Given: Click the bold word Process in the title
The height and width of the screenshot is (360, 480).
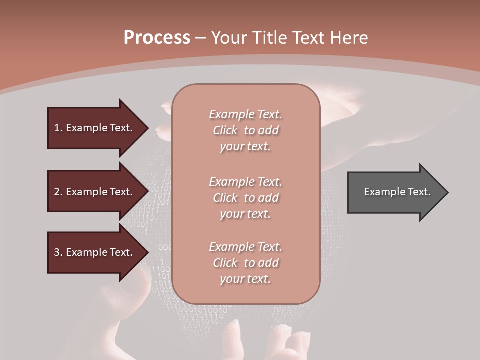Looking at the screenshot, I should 157,37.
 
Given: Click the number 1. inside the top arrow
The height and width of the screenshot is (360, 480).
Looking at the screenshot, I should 58,128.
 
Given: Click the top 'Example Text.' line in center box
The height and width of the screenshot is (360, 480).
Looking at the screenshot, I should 245,114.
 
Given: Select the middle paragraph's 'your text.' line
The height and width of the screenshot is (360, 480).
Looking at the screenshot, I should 245,214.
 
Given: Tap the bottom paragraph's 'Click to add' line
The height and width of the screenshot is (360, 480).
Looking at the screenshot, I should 245,263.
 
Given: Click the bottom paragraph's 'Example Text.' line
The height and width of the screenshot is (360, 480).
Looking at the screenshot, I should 245,247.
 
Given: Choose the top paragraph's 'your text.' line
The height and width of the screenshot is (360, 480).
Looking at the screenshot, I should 245,147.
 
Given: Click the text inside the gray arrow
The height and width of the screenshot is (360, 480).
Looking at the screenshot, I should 397,192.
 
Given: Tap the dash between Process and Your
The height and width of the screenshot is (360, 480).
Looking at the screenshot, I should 201,38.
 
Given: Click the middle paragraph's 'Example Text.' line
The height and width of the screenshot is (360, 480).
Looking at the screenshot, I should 245,181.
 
